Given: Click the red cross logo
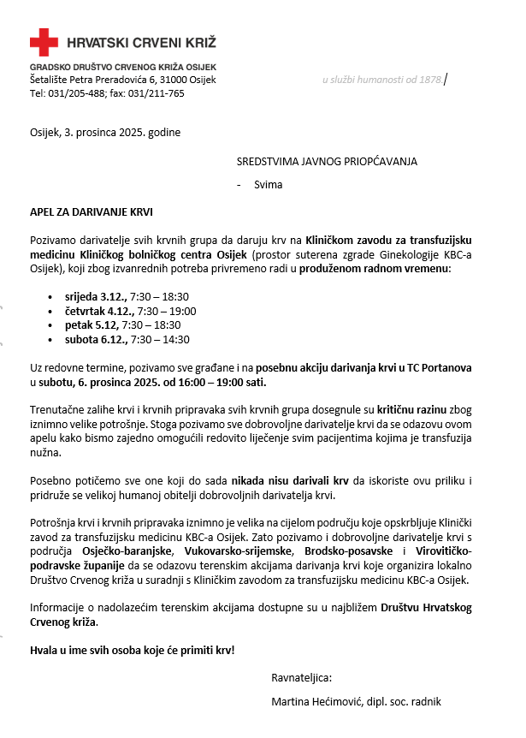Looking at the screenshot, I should tap(44, 42).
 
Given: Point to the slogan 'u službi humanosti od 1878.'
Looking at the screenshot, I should tap(382, 80).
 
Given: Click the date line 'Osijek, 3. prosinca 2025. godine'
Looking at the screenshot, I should tap(105, 133).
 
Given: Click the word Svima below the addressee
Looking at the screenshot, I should tap(268, 184).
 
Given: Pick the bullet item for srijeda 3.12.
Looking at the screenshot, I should tap(127, 296).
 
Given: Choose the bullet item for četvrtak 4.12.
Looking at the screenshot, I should tap(131, 311).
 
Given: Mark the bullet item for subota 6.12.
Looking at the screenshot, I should tap(127, 340).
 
